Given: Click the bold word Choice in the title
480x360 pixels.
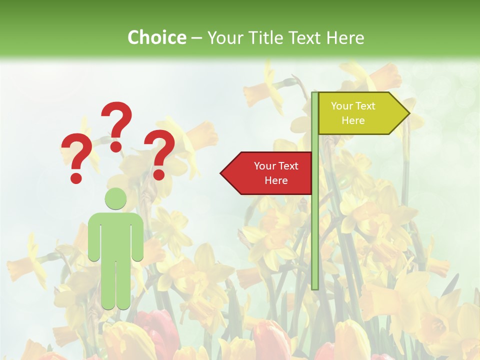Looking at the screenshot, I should pos(156,37).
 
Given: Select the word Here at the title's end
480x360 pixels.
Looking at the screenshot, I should pos(345,37).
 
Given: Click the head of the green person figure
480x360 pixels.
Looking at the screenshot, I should pos(115,198).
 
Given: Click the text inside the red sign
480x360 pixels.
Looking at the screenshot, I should pos(276,173).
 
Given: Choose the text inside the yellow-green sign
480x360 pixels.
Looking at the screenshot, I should pos(353,113).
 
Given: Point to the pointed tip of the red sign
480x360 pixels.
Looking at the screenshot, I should pos(222,173).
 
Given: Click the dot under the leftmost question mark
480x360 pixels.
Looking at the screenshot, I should pos(76,177).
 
